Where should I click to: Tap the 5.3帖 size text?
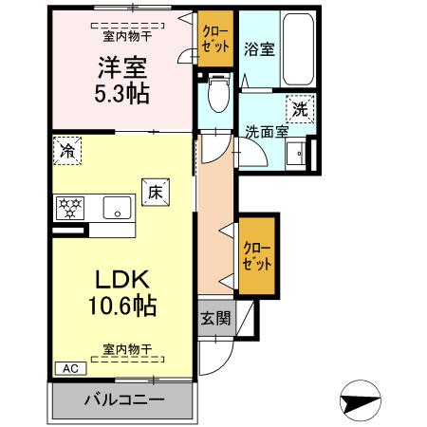coord(121,93)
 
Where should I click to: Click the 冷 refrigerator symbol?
coord(66,149)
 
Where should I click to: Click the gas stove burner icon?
coord(70,206)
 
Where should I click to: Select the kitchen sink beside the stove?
coord(118,206)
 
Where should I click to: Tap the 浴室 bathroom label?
coord(259,48)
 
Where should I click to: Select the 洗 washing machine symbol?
coord(300,109)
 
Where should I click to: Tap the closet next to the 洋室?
coord(214,39)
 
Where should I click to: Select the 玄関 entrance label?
coord(214,318)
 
